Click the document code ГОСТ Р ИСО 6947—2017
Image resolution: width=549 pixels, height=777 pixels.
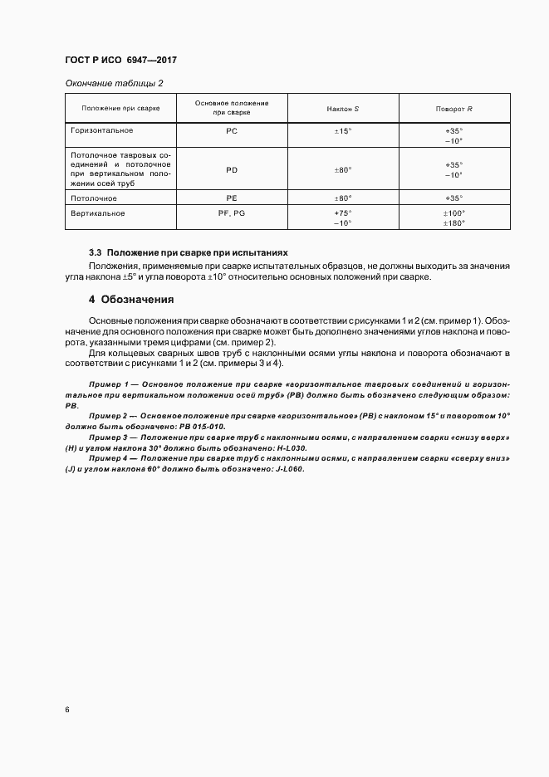pyautogui.click(x=120, y=61)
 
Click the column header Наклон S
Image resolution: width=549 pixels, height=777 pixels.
pyautogui.click(x=343, y=109)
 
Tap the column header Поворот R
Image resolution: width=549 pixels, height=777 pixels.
pyautogui.click(x=453, y=109)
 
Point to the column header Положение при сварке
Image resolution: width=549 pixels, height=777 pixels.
pyautogui.click(x=120, y=109)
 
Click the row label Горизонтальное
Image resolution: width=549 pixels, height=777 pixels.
pyautogui.click(x=102, y=131)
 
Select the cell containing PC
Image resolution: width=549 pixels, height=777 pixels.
pyautogui.click(x=232, y=132)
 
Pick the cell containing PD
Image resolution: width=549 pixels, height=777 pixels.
pyautogui.click(x=232, y=169)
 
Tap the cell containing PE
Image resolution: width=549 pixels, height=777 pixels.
pyautogui.click(x=232, y=198)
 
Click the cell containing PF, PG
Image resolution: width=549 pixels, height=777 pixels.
pyautogui.click(x=232, y=213)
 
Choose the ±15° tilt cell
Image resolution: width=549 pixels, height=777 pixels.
pyautogui.click(x=343, y=132)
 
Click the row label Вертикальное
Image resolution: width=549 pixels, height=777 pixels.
pyautogui.click(x=98, y=213)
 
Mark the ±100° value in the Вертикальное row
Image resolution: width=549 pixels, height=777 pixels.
pyautogui.click(x=453, y=213)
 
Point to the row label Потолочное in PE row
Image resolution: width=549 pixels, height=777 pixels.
pyautogui.click(x=94, y=198)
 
